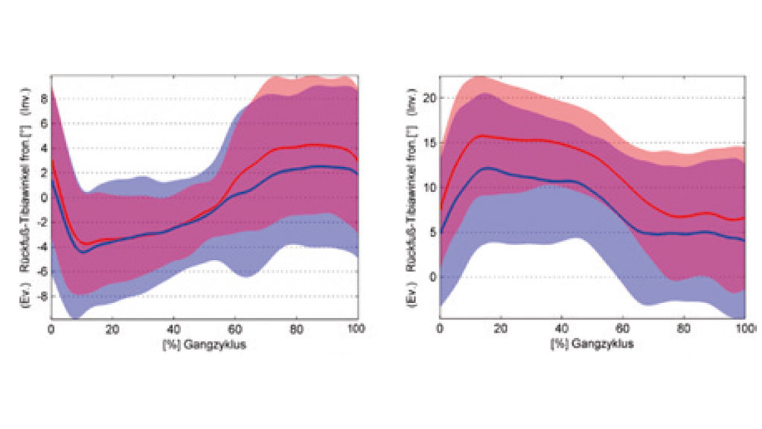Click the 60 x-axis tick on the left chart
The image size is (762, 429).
(235, 328)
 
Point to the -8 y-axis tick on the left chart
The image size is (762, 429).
(43, 296)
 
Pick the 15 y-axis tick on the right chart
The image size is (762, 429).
(429, 142)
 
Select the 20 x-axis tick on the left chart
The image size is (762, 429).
(112, 328)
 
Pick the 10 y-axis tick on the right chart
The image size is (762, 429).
(429, 187)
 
